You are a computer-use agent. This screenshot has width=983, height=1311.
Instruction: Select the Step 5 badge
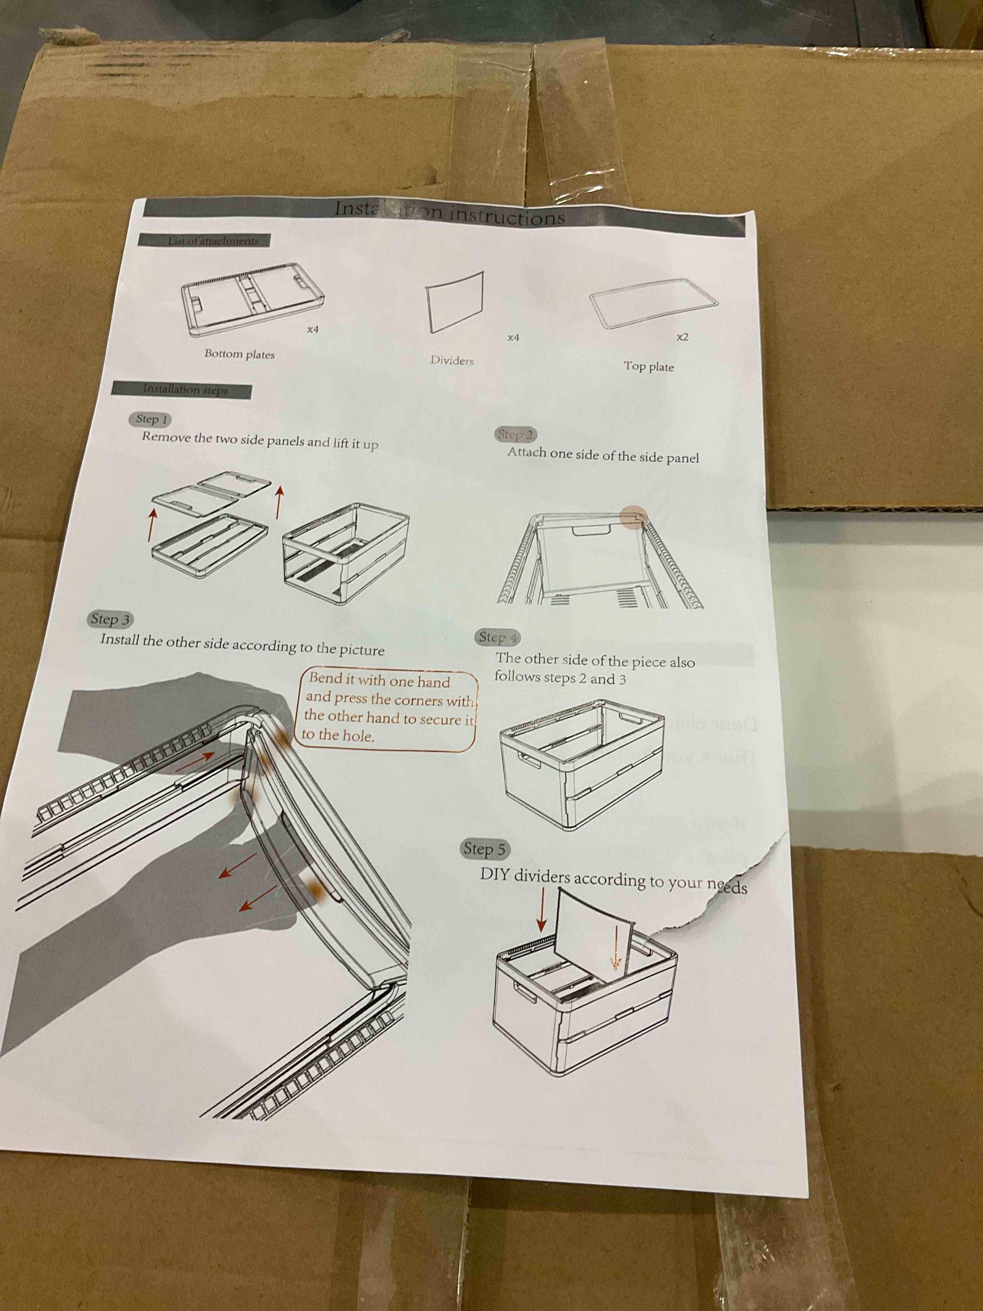click(485, 849)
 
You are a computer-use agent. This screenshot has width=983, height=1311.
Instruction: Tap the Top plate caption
click(648, 366)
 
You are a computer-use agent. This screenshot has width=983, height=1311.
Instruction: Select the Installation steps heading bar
click(182, 390)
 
